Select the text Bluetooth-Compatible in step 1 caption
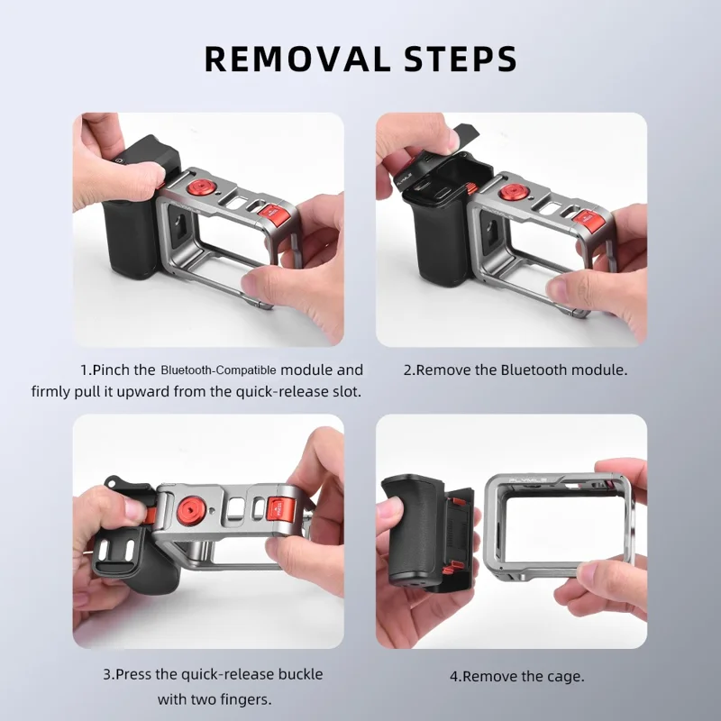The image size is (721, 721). (219, 370)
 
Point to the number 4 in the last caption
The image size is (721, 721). (454, 676)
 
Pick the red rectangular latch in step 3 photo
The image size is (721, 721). (279, 511)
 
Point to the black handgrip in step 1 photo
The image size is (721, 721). (131, 225)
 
